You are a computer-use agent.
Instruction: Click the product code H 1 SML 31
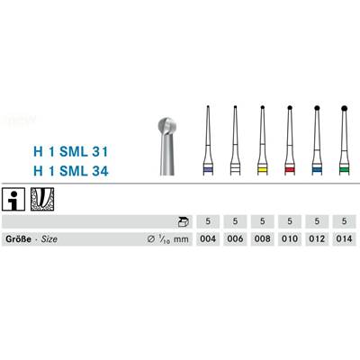tap(70, 152)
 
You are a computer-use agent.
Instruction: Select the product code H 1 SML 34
tap(71, 171)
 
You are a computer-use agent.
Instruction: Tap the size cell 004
tap(208, 239)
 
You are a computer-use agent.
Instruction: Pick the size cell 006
tap(235, 239)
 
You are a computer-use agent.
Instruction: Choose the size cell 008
tap(263, 239)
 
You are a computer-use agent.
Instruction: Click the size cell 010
tap(290, 239)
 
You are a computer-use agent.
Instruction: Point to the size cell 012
tap(317, 239)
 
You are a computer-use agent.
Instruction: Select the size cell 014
tap(344, 239)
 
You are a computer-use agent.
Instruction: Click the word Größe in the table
tap(18, 239)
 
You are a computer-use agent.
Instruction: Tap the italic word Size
tap(49, 239)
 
